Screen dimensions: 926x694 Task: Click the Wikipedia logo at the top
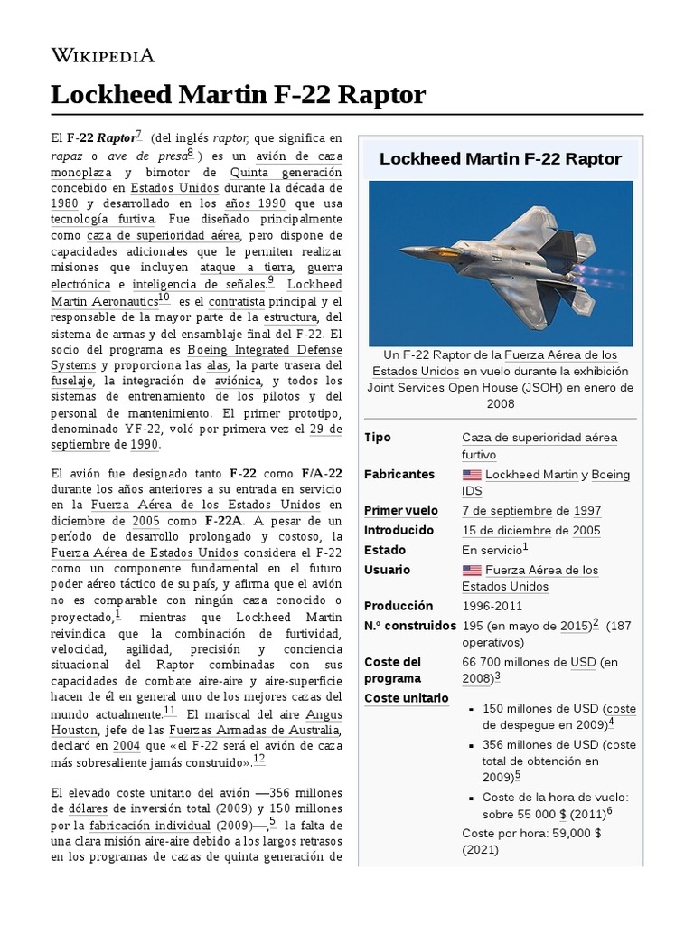pyautogui.click(x=102, y=56)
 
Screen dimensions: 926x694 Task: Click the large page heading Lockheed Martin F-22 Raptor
pyautogui.click(x=238, y=95)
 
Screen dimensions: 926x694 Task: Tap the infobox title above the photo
pyautogui.click(x=500, y=159)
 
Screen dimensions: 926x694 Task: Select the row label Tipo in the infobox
pyautogui.click(x=378, y=438)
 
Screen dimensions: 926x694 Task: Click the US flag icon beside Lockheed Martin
pyautogui.click(x=472, y=475)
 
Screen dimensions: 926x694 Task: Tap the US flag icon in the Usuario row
pyautogui.click(x=472, y=571)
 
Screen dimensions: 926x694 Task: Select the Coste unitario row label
pyautogui.click(x=406, y=698)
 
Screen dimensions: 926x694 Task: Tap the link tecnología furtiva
pyautogui.click(x=102, y=219)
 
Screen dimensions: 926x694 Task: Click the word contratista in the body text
pyautogui.click(x=237, y=300)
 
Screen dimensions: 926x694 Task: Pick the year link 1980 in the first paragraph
pyautogui.click(x=64, y=203)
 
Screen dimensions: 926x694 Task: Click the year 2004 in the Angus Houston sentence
pyautogui.click(x=126, y=746)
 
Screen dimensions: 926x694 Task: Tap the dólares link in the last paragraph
pyautogui.click(x=74, y=808)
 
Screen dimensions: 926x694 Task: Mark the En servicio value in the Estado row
pyautogui.click(x=492, y=550)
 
